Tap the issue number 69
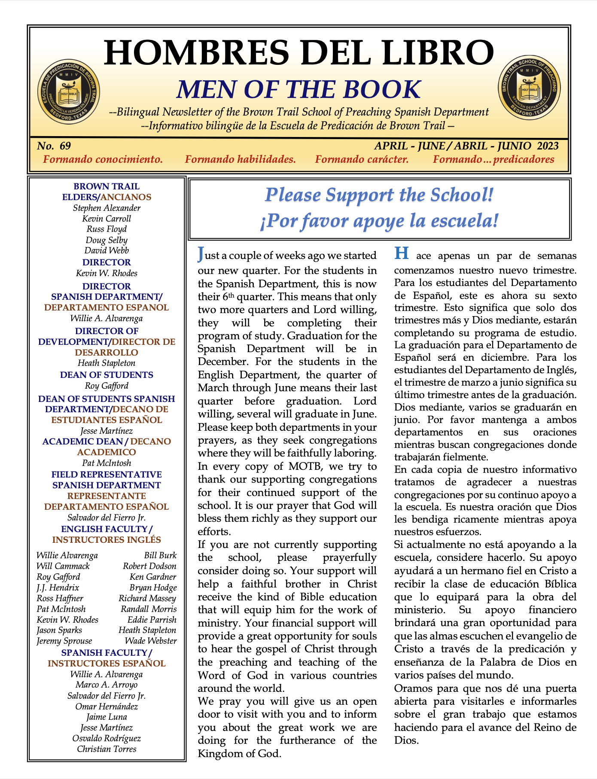point(65,146)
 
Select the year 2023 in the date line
point(548,146)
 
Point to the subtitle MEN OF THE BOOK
point(298,89)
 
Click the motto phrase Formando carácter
point(362,159)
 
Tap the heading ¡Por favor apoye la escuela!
point(379,221)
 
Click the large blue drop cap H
point(401,253)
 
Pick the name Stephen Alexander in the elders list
point(107,208)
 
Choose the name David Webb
point(107,250)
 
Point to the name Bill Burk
point(160,555)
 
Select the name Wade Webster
point(151,641)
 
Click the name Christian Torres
point(107,749)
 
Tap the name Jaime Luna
point(107,717)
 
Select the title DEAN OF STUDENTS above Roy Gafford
point(107,375)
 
